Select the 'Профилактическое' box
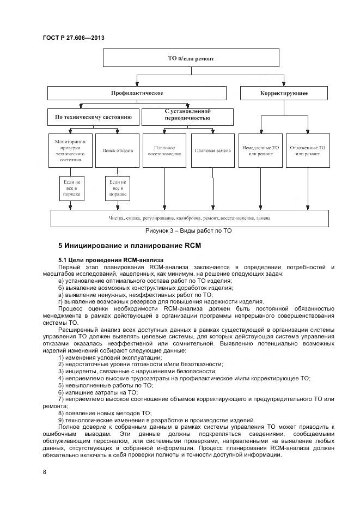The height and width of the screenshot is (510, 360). (137, 93)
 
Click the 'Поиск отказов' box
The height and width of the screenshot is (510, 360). (117, 150)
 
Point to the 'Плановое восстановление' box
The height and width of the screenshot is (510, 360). (164, 150)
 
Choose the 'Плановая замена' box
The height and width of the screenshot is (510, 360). (211, 150)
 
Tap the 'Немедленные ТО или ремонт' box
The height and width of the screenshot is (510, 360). (260, 150)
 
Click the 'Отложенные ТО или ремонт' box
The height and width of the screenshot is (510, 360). (307, 150)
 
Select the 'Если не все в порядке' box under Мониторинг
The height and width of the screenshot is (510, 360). (70, 187)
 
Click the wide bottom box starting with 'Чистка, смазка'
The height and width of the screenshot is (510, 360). (190, 218)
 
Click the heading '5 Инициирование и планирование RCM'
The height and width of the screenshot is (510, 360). (130, 246)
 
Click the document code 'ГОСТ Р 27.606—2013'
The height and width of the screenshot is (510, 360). (73, 38)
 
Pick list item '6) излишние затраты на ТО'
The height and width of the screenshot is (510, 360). (97, 392)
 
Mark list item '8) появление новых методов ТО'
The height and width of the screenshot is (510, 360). (105, 413)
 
